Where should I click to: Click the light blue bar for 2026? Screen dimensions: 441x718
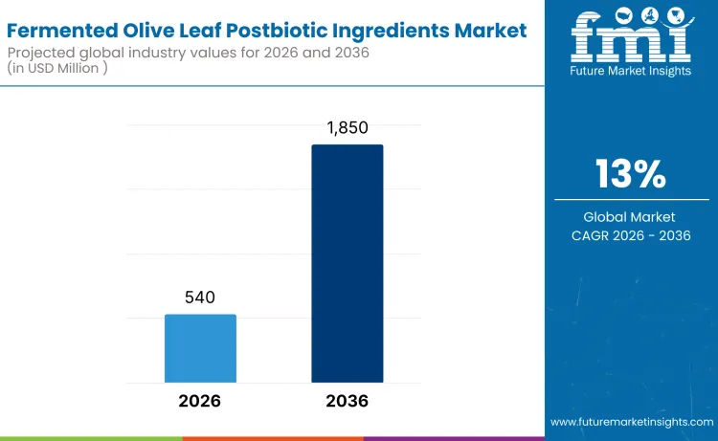click(200, 348)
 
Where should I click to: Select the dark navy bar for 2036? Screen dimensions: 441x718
click(347, 263)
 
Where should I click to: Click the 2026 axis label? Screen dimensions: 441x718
click(199, 401)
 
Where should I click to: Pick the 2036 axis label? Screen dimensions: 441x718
click(347, 401)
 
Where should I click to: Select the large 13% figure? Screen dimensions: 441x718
click(630, 174)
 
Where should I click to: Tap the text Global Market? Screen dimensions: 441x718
click(630, 217)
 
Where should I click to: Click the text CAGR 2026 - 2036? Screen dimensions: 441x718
click(630, 235)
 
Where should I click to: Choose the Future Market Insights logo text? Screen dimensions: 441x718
click(630, 74)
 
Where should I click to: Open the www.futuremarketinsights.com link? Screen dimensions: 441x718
click(632, 421)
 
